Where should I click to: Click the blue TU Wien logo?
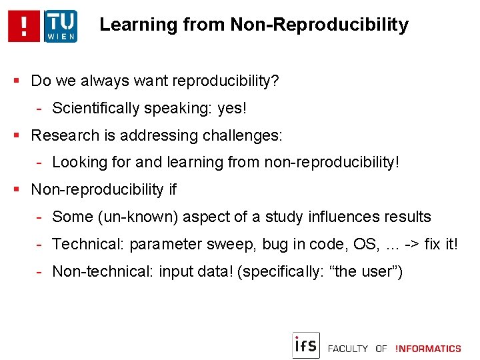[61, 27]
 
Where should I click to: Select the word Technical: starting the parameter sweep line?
[88, 244]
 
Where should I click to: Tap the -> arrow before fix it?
[413, 244]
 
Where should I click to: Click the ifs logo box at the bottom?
[306, 345]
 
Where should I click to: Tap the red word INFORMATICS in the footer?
[428, 349]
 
